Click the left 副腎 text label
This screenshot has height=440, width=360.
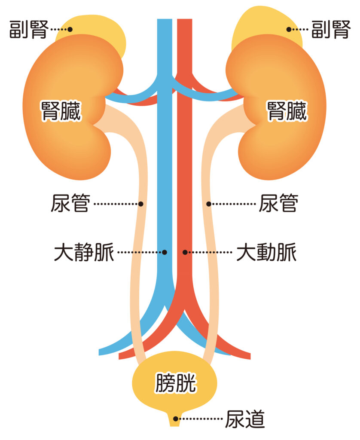[x=29, y=29]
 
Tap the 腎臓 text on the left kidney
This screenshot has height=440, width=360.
[x=61, y=111]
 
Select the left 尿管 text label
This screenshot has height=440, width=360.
[x=70, y=203]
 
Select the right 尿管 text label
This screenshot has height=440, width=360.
[x=278, y=203]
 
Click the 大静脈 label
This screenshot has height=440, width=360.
[x=84, y=252]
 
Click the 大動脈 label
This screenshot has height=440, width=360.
[x=266, y=252]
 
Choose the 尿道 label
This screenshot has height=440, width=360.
[x=245, y=419]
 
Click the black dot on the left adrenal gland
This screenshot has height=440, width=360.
[x=70, y=29]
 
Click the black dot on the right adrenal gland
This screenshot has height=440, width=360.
[x=289, y=29]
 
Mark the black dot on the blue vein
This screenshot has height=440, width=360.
[x=165, y=252]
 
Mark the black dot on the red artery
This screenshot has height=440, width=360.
[x=185, y=252]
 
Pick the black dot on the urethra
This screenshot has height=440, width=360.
[x=176, y=419]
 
